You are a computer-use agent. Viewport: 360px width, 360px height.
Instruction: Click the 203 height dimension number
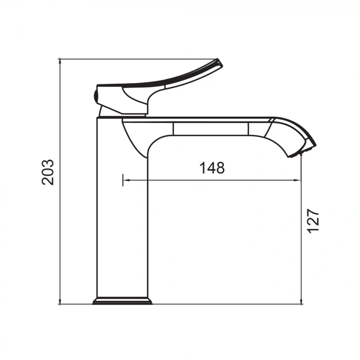pos(47,172)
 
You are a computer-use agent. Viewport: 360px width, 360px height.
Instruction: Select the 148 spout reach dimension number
pos(212,168)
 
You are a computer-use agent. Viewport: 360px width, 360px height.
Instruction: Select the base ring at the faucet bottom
pos(122,301)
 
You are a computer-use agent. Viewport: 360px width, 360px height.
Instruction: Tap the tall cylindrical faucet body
pos(122,216)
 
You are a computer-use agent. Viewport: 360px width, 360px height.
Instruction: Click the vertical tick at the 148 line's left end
pos(123,180)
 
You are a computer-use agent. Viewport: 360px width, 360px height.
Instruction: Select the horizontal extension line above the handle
pos(139,59)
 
